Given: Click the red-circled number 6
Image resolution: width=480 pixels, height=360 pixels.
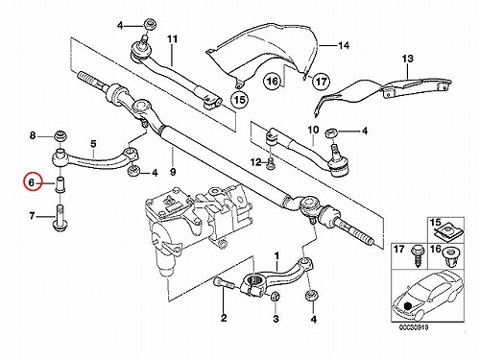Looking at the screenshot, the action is tap(32, 183).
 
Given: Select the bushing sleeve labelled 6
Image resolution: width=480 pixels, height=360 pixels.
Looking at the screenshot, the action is tap(60, 184).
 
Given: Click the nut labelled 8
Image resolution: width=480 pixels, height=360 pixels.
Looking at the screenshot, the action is tap(60, 136).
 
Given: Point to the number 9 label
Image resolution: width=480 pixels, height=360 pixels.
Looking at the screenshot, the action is tap(173, 172).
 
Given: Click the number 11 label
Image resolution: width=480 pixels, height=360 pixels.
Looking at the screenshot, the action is tap(172, 39).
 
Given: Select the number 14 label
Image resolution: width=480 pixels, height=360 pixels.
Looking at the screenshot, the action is tap(344, 46).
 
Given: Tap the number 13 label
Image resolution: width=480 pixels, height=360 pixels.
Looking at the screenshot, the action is tap(408, 59).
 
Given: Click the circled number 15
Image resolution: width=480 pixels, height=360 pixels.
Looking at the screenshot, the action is tap(240, 100).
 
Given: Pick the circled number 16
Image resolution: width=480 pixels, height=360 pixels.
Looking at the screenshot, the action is tap(273, 81).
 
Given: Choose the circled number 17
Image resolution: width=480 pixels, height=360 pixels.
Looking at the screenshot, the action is tap(321, 82).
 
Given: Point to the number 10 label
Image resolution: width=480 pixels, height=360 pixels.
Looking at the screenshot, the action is tap(313, 130).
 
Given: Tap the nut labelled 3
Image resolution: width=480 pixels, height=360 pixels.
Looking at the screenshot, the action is tap(275, 297).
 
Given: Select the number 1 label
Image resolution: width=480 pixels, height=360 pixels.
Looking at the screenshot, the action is tap(276, 256).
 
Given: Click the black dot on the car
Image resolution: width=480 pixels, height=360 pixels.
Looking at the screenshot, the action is tap(407, 306).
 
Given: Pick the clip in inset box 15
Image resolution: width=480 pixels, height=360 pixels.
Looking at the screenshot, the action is tap(445, 230).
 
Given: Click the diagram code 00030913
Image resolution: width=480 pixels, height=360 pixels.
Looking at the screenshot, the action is tap(414, 327).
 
